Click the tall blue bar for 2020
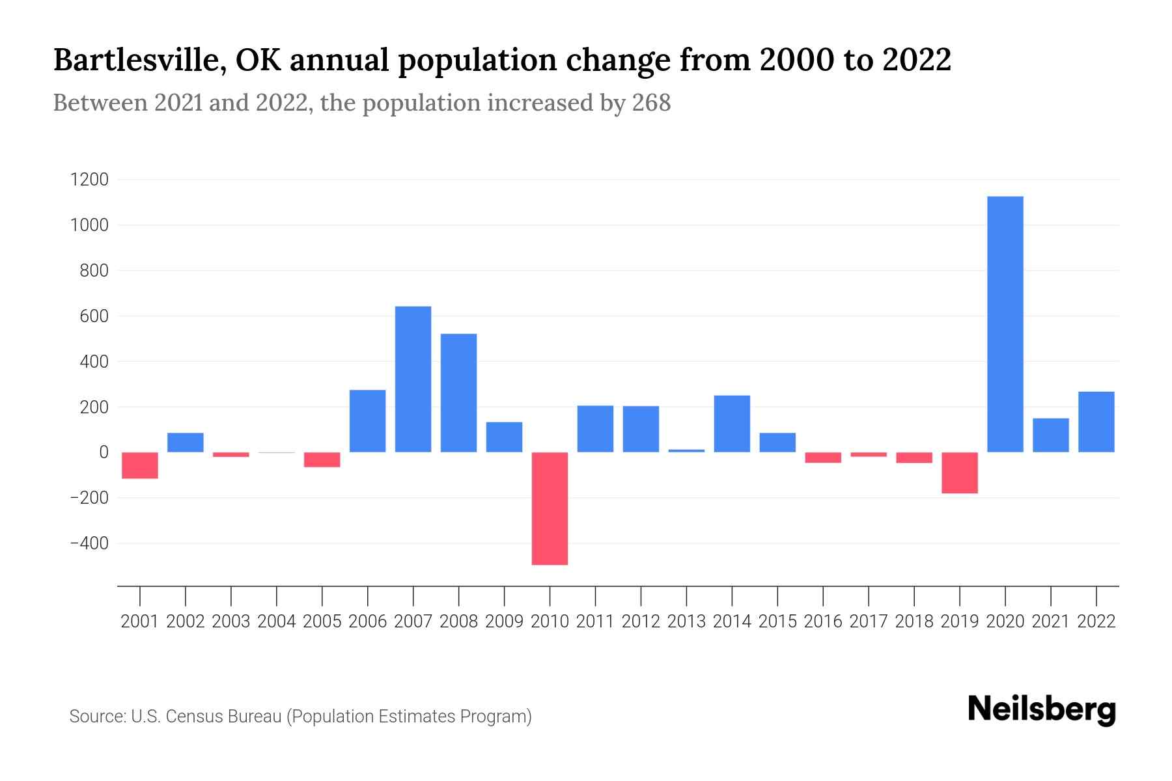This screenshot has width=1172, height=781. coord(1005,324)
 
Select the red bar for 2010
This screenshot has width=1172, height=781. coord(550,508)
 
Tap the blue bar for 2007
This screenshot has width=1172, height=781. coord(413,379)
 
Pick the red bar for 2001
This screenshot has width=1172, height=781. coord(140,465)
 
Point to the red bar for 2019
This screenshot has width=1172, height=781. coord(959,473)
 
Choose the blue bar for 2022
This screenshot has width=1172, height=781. coord(1096,422)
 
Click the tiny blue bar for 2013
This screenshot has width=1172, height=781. coord(686,450)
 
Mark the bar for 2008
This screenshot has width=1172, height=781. coord(458,392)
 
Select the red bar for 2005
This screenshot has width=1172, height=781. coord(322,459)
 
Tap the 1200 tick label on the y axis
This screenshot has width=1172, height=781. coord(89,180)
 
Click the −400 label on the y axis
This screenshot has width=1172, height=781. coord(89,543)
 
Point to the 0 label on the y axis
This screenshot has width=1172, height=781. coord(104,452)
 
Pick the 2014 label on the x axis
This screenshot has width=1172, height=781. coord(732,622)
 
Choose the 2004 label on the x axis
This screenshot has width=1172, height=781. coord(277,622)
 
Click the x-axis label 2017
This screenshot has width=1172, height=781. coord(868,622)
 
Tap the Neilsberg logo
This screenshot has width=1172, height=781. coord(1042,709)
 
